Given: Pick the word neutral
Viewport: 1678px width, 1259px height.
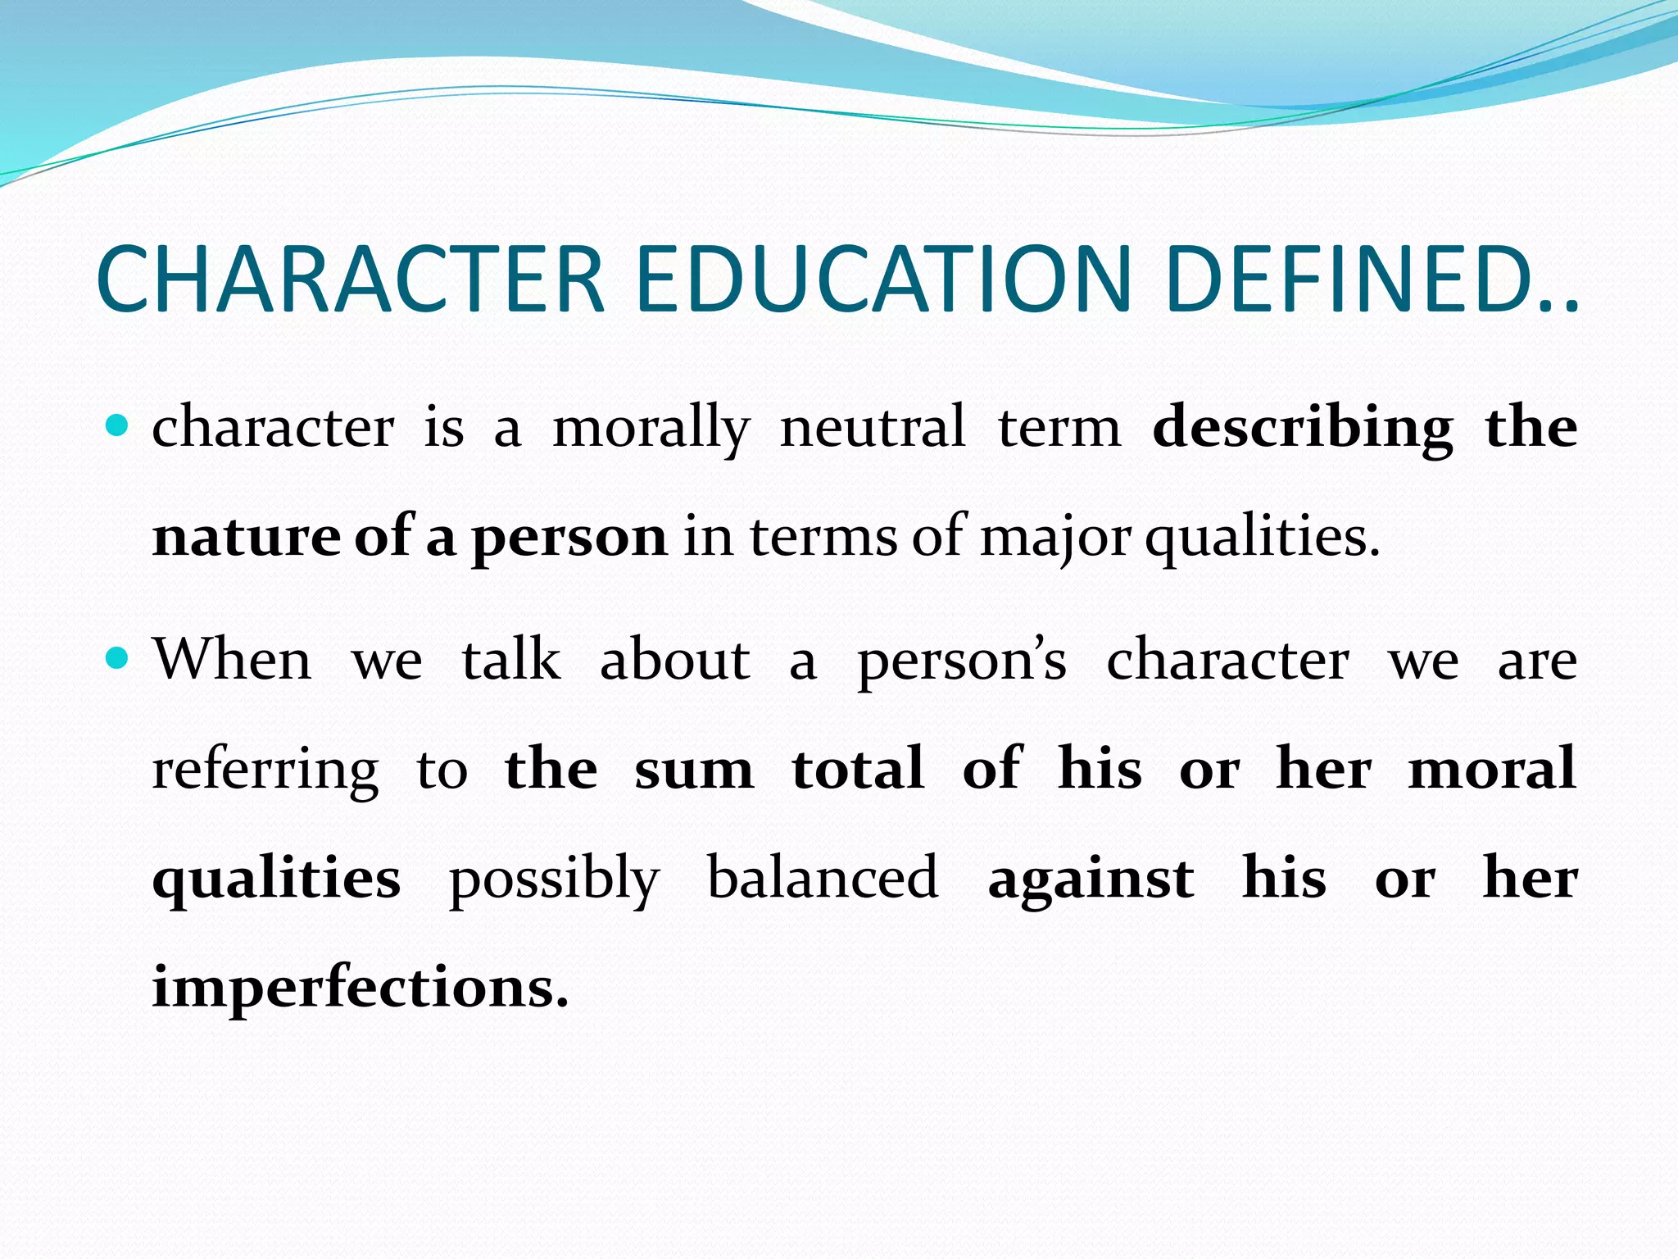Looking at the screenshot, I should pos(873,427).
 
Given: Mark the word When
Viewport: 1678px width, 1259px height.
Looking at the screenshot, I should pos(233,659).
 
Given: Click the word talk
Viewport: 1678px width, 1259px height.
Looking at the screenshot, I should pos(511,659).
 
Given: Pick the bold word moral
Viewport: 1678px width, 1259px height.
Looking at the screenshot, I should pos(1492,769).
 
